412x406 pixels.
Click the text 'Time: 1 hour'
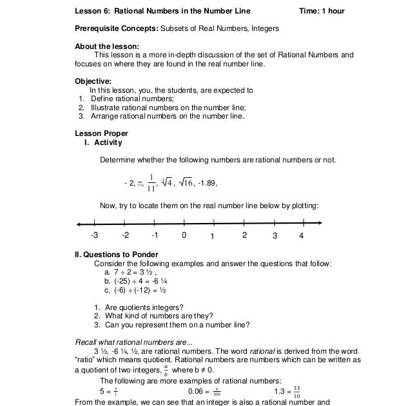coord(322,11)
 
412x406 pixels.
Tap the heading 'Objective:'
coord(93,81)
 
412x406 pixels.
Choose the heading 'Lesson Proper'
coord(101,133)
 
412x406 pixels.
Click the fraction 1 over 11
coord(150,182)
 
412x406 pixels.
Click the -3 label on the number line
coord(94,235)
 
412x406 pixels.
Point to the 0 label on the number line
coord(184,235)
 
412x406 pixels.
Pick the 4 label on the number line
coord(301,235)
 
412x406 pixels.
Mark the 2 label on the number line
coord(244,235)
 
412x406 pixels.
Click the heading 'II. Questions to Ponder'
coord(117,255)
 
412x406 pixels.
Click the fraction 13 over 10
coord(296,391)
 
